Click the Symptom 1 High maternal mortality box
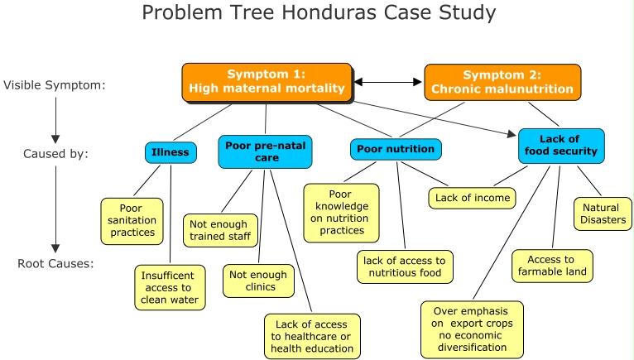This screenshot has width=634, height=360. pos(267,82)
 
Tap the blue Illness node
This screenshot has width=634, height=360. pos(170,152)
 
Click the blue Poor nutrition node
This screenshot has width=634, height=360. pos(395,150)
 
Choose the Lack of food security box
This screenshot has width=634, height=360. pos(561,145)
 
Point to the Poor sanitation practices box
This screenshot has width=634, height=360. pos(132,220)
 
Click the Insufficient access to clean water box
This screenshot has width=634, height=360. pos(169,286)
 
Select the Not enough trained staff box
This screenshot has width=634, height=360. pos(220,231)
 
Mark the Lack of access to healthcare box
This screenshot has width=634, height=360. pos(312,335)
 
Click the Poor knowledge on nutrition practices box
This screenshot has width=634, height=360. pos(340,213)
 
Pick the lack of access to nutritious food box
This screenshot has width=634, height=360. pos(404,266)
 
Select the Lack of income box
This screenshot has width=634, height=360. pos(471,198)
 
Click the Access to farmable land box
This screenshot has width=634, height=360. pos(552,266)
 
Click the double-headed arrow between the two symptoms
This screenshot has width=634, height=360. pos(388,82)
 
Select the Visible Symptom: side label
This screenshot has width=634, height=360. pos(55,84)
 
